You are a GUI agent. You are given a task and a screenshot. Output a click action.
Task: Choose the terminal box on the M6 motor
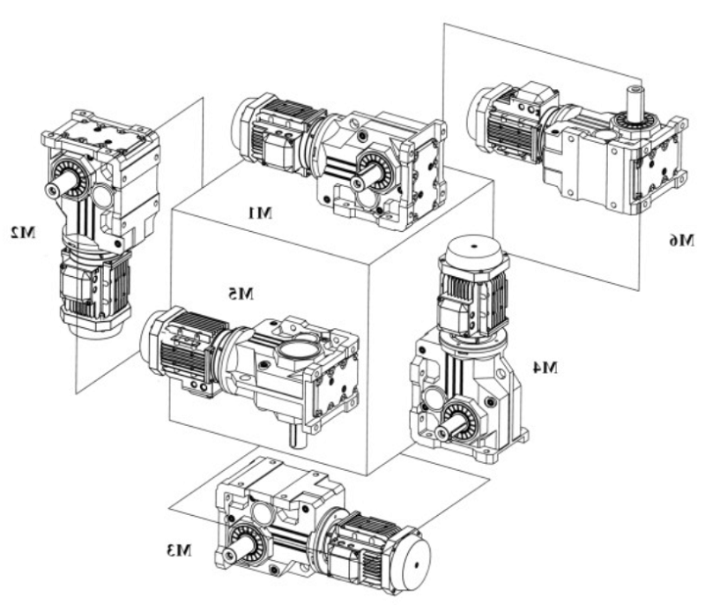533,95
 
